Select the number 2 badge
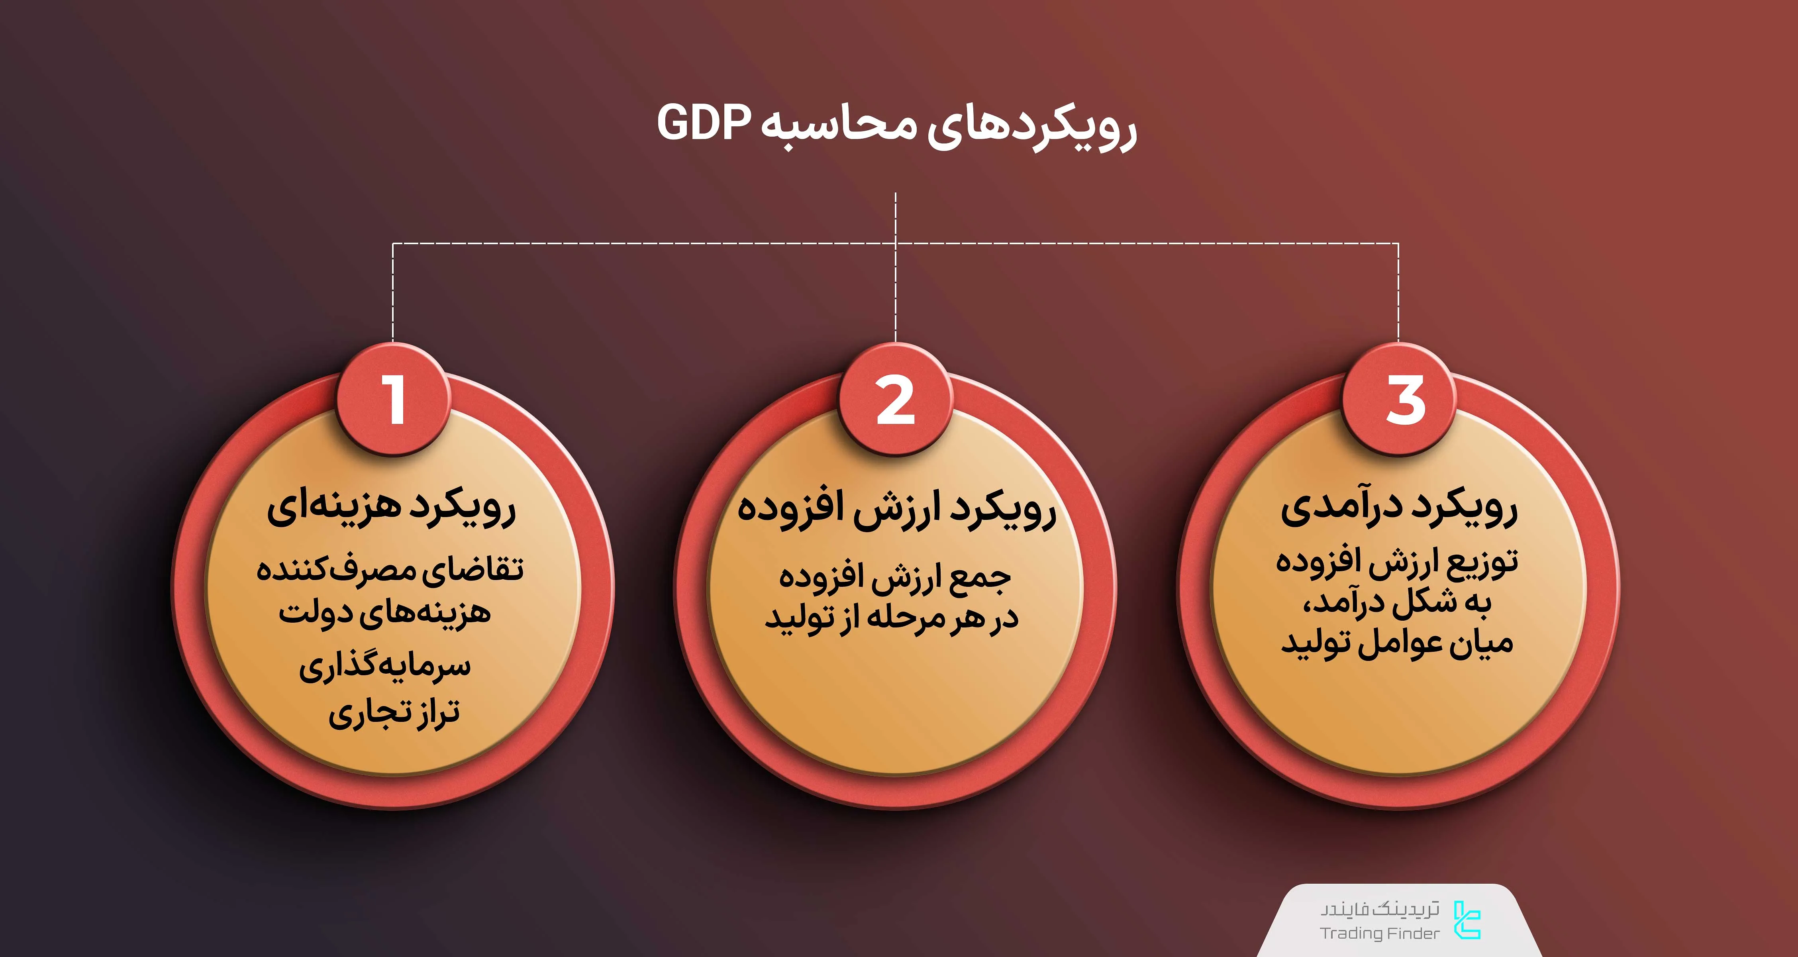pos(896,400)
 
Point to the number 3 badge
pos(1400,400)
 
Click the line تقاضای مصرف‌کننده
pos(390,569)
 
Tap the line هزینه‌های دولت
pos(384,613)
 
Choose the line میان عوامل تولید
pos(1397,643)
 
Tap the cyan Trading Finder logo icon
pos(1467,920)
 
